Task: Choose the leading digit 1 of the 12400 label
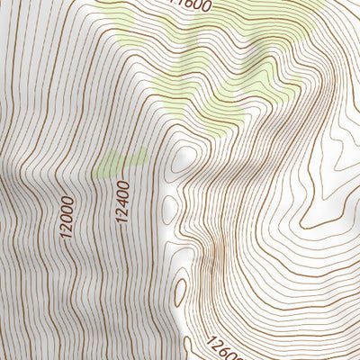121,218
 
